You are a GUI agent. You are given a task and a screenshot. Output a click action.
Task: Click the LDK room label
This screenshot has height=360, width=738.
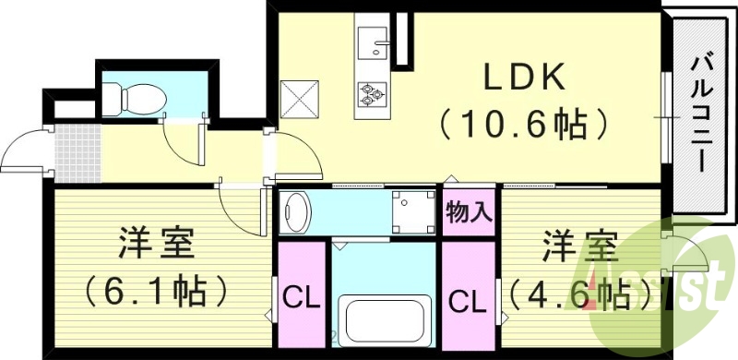519,79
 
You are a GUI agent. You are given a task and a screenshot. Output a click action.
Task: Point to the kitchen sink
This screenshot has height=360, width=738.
375,42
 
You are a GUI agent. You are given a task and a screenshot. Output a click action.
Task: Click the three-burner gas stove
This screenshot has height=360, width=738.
374,92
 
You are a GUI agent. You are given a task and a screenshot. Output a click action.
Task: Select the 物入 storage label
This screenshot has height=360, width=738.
468,211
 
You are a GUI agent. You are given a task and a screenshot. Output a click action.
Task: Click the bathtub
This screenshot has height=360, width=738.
385,320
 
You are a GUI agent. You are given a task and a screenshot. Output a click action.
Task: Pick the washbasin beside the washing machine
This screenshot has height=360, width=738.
297,211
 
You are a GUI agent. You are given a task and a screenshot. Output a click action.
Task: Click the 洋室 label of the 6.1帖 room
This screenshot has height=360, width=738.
155,246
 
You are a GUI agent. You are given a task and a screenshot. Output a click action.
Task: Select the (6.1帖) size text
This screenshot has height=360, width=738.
155,291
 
